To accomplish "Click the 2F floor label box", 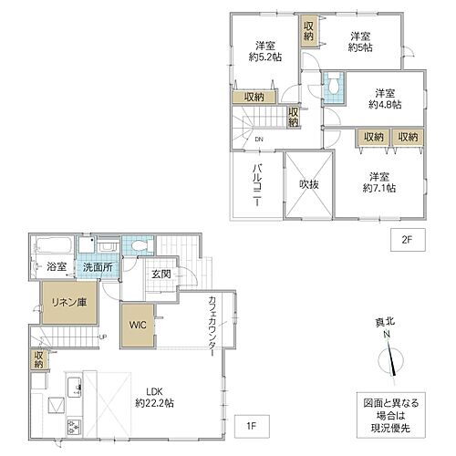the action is click(x=408, y=240).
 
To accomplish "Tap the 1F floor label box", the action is click(x=252, y=426).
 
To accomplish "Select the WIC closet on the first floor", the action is click(x=138, y=325).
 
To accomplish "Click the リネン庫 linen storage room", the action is click(x=69, y=302).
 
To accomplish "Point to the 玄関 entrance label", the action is click(x=161, y=275).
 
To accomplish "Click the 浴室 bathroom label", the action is click(x=57, y=267).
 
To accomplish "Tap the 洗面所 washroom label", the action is click(x=98, y=267).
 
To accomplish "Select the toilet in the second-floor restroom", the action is click(x=334, y=86).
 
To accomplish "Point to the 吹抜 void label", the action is click(x=309, y=184).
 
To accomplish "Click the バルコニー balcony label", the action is click(x=257, y=185).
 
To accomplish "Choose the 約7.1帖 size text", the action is click(x=379, y=188).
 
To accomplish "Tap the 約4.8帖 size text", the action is click(x=385, y=105).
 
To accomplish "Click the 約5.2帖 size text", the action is click(x=265, y=57).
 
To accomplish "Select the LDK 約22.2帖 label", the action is click(x=154, y=398).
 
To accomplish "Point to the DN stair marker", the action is click(x=259, y=140).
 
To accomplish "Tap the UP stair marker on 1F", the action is click(x=103, y=337).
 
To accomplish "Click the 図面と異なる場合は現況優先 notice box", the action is click(x=391, y=415).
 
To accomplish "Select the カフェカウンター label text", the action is click(x=212, y=326).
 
